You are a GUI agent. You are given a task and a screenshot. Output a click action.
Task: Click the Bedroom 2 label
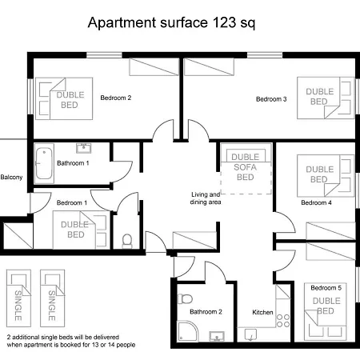[x=116, y=98]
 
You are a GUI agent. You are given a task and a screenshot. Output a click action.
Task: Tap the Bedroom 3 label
[x=271, y=99]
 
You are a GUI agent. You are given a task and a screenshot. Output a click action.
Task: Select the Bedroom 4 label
[x=316, y=202]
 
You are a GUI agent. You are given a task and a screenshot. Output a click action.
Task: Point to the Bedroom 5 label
[x=326, y=288]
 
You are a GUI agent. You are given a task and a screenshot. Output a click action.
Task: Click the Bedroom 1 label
[x=72, y=203]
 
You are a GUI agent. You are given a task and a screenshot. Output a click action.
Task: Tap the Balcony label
[x=11, y=178]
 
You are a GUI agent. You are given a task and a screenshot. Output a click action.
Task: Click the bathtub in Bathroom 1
[x=44, y=163]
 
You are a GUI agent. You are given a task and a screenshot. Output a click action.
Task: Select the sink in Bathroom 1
[x=84, y=148]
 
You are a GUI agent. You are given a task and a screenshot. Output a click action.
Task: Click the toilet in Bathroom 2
[x=185, y=298]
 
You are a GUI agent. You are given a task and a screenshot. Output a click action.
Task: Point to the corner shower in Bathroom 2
[x=187, y=331]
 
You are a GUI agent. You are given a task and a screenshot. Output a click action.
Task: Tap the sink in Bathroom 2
[x=217, y=337]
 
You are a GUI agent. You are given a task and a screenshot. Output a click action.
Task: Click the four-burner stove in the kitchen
[x=283, y=321]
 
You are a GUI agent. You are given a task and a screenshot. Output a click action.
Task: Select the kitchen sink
[x=250, y=334]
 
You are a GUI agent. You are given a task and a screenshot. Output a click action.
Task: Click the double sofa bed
[x=246, y=169]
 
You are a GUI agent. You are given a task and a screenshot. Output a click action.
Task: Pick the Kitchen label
[x=262, y=312]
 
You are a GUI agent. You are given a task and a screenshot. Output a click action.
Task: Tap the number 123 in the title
[x=224, y=22]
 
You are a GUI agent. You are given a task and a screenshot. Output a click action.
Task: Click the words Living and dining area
[x=206, y=198]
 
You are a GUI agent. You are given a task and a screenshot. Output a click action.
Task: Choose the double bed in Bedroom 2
[x=64, y=98]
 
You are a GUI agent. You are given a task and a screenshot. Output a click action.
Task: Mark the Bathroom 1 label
[x=73, y=163]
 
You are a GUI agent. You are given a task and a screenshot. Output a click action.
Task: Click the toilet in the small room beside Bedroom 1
[x=127, y=241]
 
